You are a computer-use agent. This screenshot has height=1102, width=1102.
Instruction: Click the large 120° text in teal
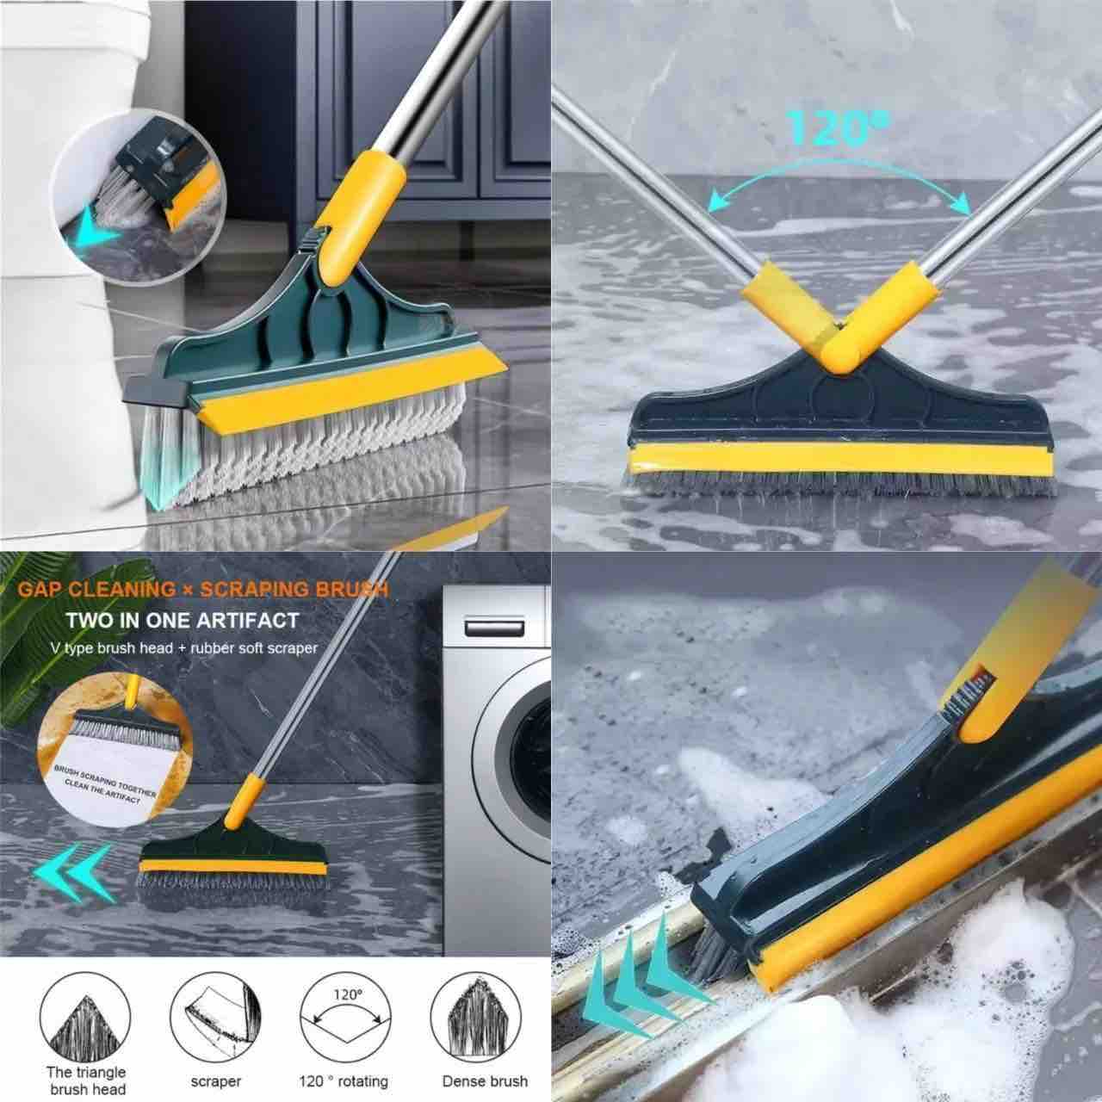(x=826, y=127)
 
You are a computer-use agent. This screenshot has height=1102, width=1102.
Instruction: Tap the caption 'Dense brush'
(x=485, y=1080)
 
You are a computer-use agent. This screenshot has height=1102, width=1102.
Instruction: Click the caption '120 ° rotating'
(x=344, y=1080)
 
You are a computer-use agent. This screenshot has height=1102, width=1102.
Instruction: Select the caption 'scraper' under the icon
(x=216, y=1080)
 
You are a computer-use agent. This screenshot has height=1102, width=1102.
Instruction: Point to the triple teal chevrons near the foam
(x=637, y=990)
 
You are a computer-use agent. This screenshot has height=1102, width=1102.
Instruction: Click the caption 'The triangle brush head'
(x=86, y=1080)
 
